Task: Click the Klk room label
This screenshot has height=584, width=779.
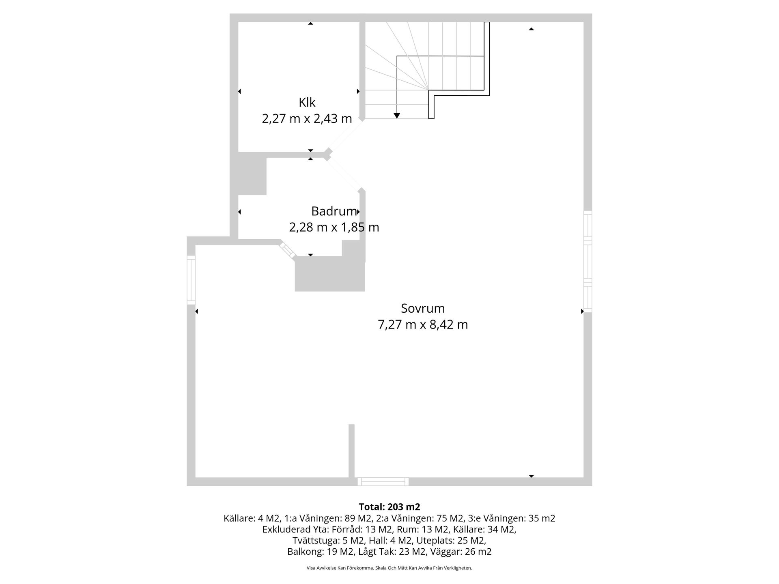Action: [x=307, y=102]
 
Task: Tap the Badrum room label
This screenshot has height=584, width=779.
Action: [x=334, y=211]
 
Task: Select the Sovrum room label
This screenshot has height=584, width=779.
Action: [x=423, y=308]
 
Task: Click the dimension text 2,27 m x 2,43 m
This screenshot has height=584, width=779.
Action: [x=307, y=119]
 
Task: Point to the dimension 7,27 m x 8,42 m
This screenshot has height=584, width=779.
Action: [x=423, y=325]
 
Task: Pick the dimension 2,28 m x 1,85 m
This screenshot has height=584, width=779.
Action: [x=334, y=227]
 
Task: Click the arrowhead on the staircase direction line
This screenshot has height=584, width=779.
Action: [x=397, y=116]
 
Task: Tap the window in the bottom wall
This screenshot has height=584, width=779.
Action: [x=383, y=481]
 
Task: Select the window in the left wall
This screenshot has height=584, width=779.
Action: [x=191, y=280]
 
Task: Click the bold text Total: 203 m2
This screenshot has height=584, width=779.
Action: [x=389, y=507]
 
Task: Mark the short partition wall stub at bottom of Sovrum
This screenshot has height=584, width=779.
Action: [x=351, y=450]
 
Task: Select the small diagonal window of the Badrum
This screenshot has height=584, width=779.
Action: [x=288, y=249]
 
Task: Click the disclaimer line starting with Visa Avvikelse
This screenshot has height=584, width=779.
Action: [x=389, y=568]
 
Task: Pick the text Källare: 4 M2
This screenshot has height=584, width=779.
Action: [x=252, y=518]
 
